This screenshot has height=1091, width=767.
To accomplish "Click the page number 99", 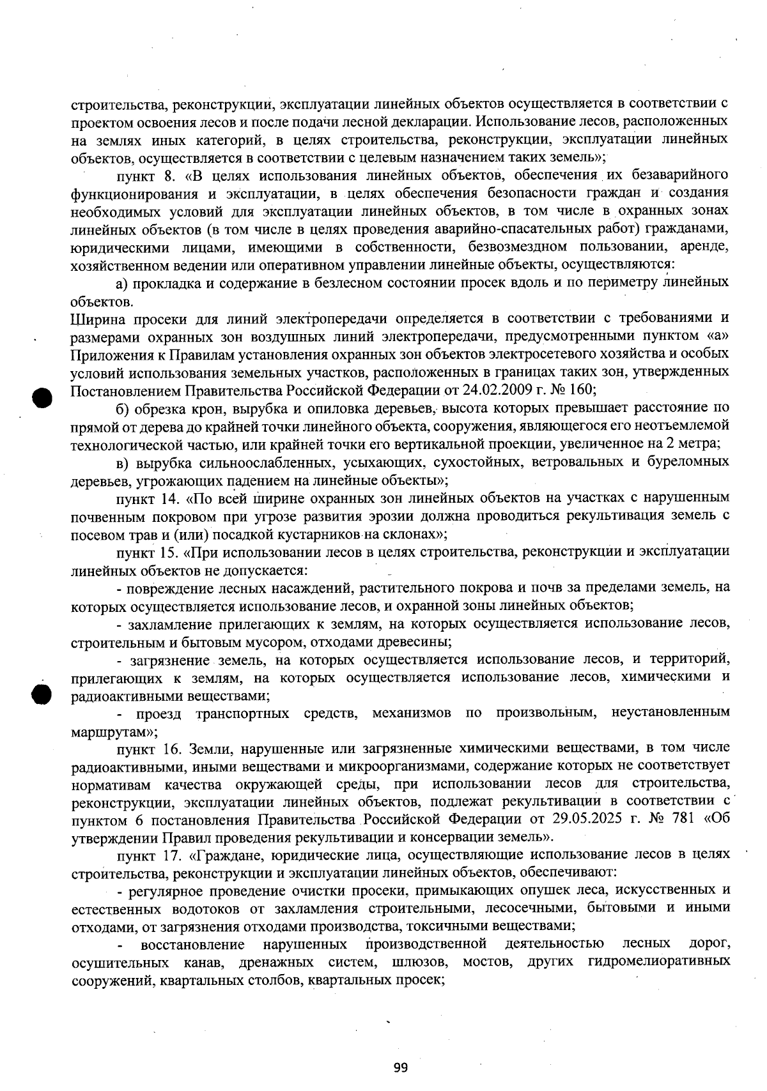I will [x=401, y=1067].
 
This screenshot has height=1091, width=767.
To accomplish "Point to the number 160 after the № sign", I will [x=581, y=389].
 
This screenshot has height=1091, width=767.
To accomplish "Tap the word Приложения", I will [x=107, y=353].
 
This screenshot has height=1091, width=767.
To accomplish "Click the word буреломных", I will [x=693, y=461].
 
